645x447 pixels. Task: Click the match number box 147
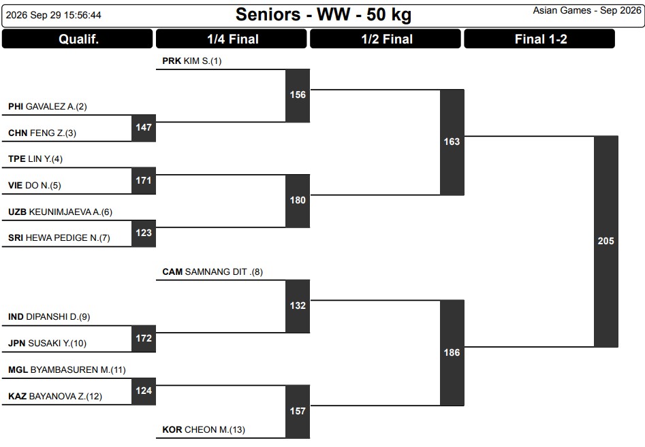[144, 128]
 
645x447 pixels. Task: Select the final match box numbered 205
[606, 241]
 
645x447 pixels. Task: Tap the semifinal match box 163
[452, 142]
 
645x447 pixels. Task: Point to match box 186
[452, 353]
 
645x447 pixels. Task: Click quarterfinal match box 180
[298, 201]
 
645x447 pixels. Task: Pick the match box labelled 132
[298, 306]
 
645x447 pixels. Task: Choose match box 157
[298, 412]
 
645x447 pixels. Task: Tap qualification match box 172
[144, 339]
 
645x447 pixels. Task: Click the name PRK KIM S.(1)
[191, 61]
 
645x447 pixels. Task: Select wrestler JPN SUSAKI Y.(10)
[47, 343]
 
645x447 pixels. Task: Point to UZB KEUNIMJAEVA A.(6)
[60, 212]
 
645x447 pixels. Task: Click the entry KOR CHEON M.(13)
[204, 430]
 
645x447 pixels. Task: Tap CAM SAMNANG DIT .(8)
[213, 272]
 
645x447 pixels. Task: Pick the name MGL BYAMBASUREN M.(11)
[67, 369]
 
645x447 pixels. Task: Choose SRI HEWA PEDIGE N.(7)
[59, 238]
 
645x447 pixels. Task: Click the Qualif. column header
[78, 39]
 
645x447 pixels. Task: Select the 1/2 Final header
[386, 39]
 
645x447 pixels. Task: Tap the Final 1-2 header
[539, 39]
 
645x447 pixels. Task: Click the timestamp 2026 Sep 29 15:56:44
[54, 15]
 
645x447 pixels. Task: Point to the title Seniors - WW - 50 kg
[324, 15]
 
